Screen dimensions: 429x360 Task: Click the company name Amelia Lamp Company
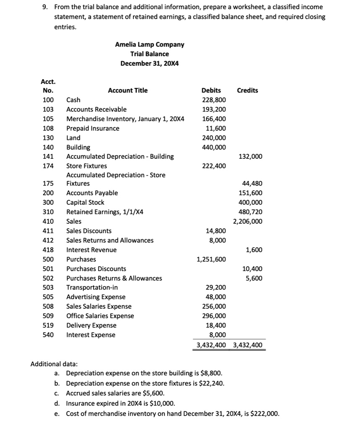(150, 44)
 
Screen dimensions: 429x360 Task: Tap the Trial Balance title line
(150, 54)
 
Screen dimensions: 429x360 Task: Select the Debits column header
(211, 90)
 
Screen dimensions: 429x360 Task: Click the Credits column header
(247, 90)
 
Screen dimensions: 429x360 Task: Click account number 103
(48, 109)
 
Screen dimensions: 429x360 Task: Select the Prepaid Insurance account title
(93, 128)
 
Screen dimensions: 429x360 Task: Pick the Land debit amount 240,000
(214, 138)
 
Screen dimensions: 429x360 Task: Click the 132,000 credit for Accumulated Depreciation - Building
(250, 157)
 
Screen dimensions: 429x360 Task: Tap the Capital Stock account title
(85, 202)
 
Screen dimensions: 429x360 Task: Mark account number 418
(48, 250)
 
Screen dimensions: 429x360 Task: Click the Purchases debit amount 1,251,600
(211, 259)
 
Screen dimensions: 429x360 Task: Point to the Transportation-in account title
(92, 288)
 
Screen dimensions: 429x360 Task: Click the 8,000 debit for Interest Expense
(217, 335)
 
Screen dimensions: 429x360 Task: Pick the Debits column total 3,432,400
(211, 345)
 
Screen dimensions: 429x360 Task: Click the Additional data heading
(51, 364)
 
